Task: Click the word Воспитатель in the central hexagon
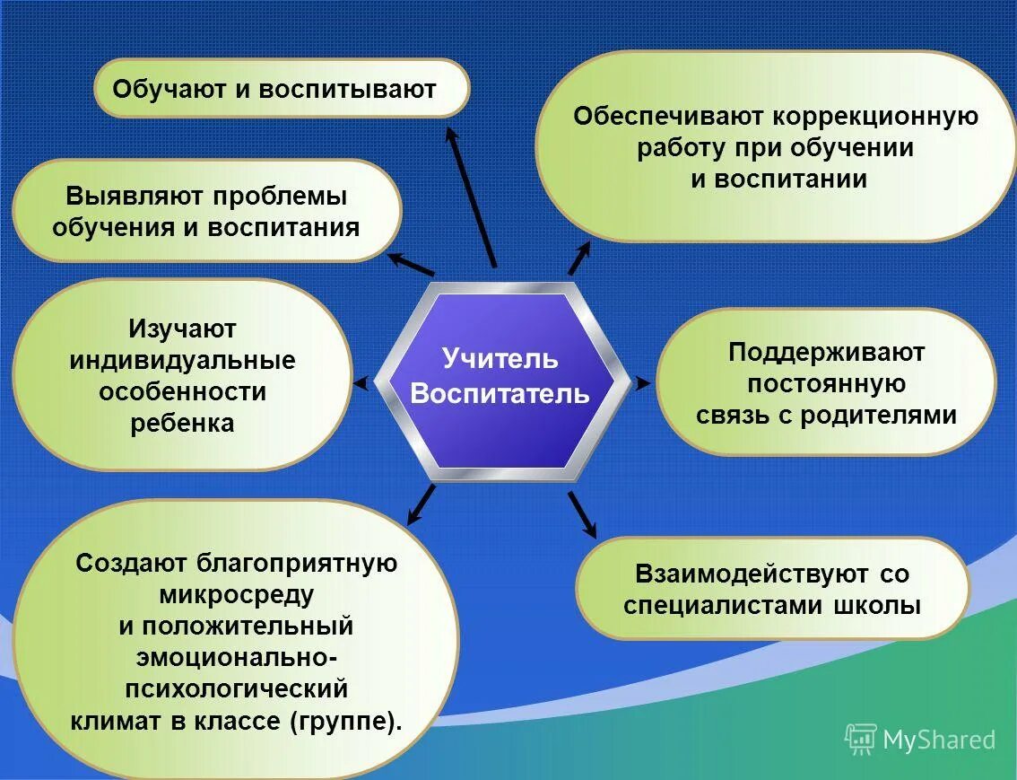[500, 394]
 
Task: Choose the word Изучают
[182, 329]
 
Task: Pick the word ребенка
[182, 423]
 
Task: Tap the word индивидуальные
[182, 361]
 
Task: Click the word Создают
[135, 563]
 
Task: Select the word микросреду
[237, 594]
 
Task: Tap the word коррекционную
[875, 117]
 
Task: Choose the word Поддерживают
[826, 352]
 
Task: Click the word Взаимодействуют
[752, 574]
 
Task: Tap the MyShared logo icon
[860, 739]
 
